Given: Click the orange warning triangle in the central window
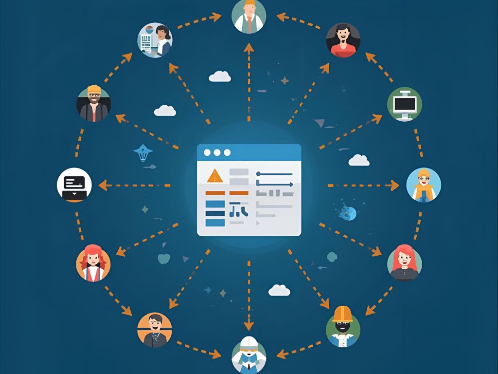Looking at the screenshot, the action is click(214, 176).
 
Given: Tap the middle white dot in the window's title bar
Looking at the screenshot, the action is click(217, 153).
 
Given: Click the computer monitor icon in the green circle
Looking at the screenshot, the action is click(405, 104).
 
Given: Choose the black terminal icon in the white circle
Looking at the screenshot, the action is click(74, 185).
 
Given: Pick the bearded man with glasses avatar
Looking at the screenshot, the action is click(93, 104).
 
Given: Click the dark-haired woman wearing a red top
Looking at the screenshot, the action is click(343, 40).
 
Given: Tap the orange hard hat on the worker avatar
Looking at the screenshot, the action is click(342, 314).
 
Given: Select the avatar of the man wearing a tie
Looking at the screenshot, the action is click(249, 16).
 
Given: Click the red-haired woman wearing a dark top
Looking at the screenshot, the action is click(404, 262).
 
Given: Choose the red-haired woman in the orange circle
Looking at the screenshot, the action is click(93, 263).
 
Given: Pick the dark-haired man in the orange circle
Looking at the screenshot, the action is click(155, 329).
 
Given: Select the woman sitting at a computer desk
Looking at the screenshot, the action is click(155, 40).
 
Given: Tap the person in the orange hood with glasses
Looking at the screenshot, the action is click(423, 185).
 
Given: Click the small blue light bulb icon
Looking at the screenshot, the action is click(142, 153).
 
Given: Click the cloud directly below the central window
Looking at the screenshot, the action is click(279, 290).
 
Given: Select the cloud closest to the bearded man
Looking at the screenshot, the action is click(165, 111).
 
